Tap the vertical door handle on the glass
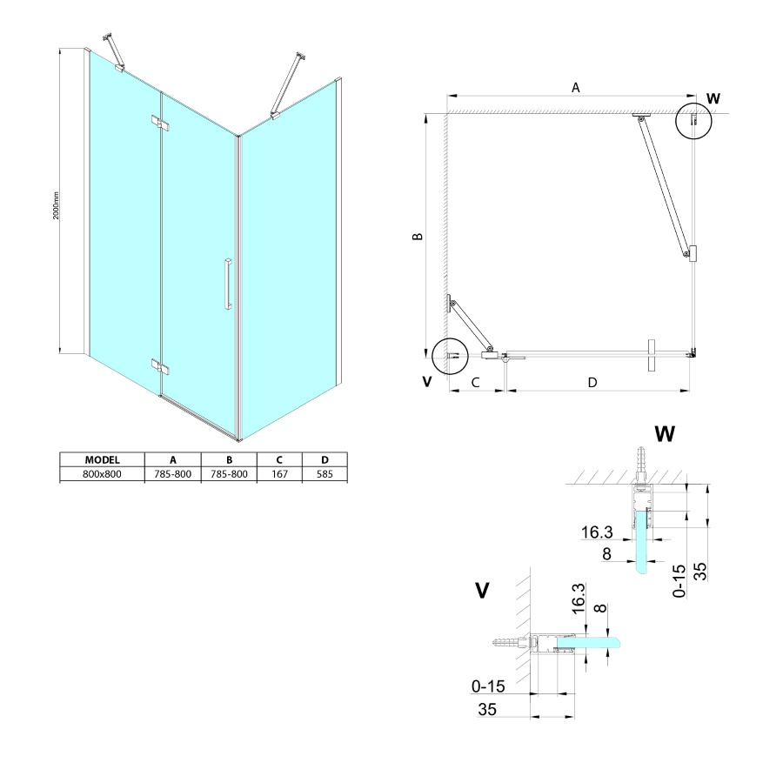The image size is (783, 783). pyautogui.click(x=226, y=283)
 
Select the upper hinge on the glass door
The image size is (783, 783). pyautogui.click(x=159, y=124)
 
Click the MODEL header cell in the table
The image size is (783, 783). pyautogui.click(x=102, y=460)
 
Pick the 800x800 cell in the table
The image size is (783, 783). pyautogui.click(x=102, y=474)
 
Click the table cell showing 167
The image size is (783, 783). pyautogui.click(x=279, y=474)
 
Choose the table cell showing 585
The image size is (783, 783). pyautogui.click(x=325, y=474)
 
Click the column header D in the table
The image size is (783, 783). pyautogui.click(x=325, y=460)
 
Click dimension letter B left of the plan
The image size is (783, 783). pyautogui.click(x=418, y=237)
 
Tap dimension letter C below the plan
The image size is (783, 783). pyautogui.click(x=475, y=382)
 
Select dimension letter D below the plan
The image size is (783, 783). pyautogui.click(x=592, y=382)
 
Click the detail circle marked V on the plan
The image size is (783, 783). pyautogui.click(x=450, y=354)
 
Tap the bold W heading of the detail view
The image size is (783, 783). pyautogui.click(x=664, y=432)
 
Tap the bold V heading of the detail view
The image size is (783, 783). pyautogui.click(x=481, y=591)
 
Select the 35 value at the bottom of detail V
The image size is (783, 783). pyautogui.click(x=486, y=709)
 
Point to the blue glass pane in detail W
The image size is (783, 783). pyautogui.click(x=643, y=544)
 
